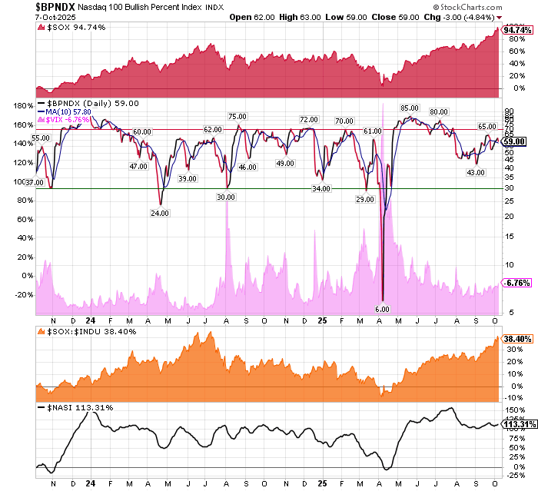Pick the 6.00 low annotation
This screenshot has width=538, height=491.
click(383, 309)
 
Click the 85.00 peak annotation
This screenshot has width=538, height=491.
click(409, 108)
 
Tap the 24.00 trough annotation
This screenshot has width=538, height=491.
click(160, 214)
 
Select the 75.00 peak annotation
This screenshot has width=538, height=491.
click(237, 116)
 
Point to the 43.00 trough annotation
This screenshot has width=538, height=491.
click(477, 172)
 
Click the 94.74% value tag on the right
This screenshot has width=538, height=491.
click(516, 30)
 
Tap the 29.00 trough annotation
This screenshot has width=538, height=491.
click(366, 199)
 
